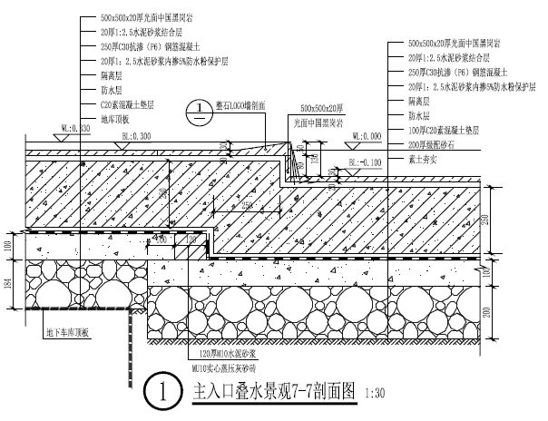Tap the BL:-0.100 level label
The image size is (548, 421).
coord(365,163)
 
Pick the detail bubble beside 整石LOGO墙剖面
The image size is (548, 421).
coord(197,112)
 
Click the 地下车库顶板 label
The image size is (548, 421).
coord(68,333)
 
